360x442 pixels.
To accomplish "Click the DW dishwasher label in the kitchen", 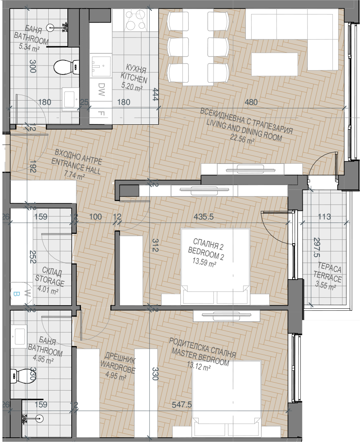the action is click(101, 89).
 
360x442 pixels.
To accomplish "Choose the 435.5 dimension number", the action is click(204, 217).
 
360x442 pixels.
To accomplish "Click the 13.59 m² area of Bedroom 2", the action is click(204, 262).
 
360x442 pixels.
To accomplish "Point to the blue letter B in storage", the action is click(16, 294).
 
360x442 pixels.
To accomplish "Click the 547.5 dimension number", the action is click(182, 405).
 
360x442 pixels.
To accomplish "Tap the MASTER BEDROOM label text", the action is click(200, 356).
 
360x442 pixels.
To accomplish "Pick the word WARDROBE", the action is click(118, 366).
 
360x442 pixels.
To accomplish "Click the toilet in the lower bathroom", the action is click(15, 374).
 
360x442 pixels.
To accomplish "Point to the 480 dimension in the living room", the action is click(251, 102).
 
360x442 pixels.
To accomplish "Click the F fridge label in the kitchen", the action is click(101, 113).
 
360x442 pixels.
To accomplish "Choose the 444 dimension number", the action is click(155, 95).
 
